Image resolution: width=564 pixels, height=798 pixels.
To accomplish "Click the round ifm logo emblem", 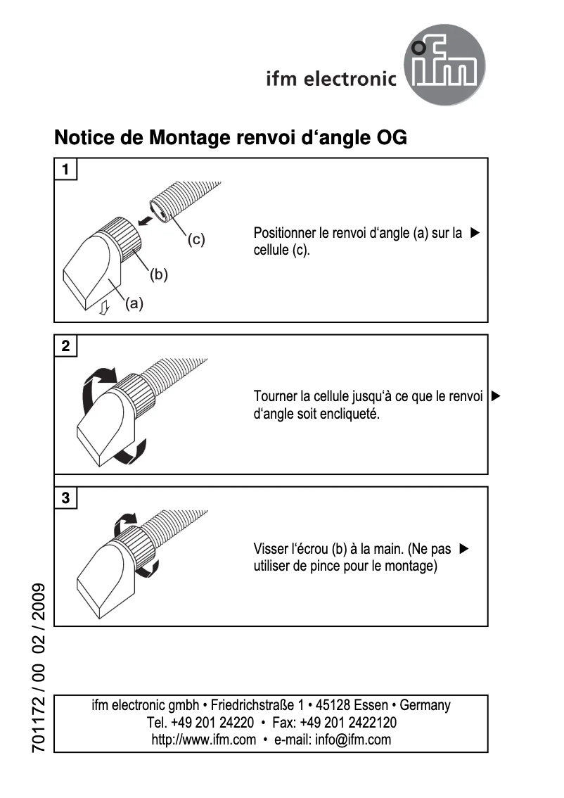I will (x=445, y=68).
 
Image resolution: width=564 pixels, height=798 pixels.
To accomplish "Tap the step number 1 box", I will (x=66, y=170).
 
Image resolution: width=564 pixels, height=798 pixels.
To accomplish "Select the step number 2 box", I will (x=66, y=346).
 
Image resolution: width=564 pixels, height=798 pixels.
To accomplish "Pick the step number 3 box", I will (x=66, y=498).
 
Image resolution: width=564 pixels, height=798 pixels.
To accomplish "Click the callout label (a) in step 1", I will (x=134, y=303).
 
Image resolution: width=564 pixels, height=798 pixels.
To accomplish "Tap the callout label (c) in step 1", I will (x=196, y=239).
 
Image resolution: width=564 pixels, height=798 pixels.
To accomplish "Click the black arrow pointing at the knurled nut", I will (x=146, y=220).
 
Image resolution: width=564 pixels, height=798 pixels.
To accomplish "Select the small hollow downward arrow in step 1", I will (x=104, y=308).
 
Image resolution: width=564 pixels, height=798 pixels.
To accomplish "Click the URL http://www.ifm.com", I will (x=204, y=740).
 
